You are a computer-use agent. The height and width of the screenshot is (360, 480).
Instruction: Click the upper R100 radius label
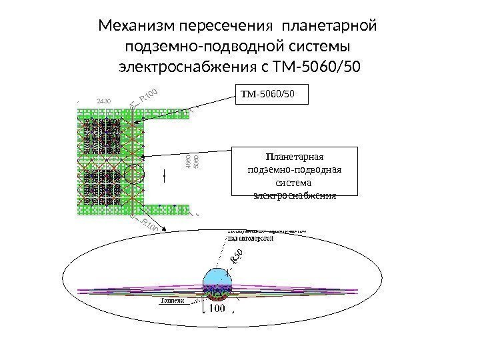click(x=151, y=97)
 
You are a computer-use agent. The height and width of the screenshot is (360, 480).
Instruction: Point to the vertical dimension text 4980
click(x=189, y=163)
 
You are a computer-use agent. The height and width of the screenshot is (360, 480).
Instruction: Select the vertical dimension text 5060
click(x=196, y=163)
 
